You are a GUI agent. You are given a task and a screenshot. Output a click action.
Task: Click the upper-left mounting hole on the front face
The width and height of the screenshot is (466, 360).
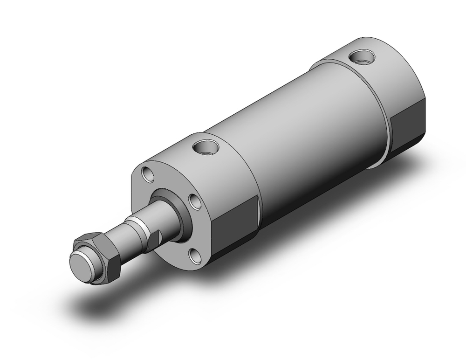148,174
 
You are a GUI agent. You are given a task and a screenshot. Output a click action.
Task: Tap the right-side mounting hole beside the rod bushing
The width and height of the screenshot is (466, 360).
194,201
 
